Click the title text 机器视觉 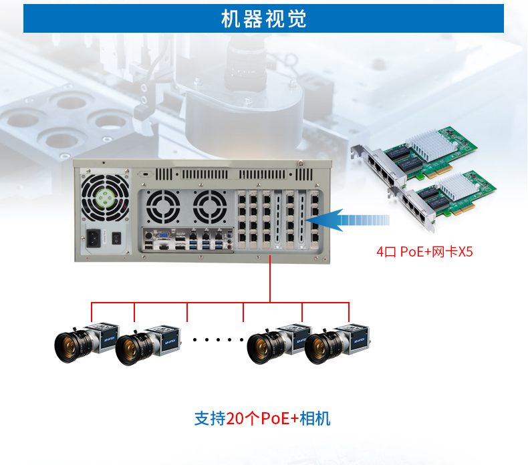tap(263, 19)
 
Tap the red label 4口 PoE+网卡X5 tap(424, 252)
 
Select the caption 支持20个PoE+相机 tap(263, 419)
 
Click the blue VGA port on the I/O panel tap(162, 235)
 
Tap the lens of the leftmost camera tap(69, 347)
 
